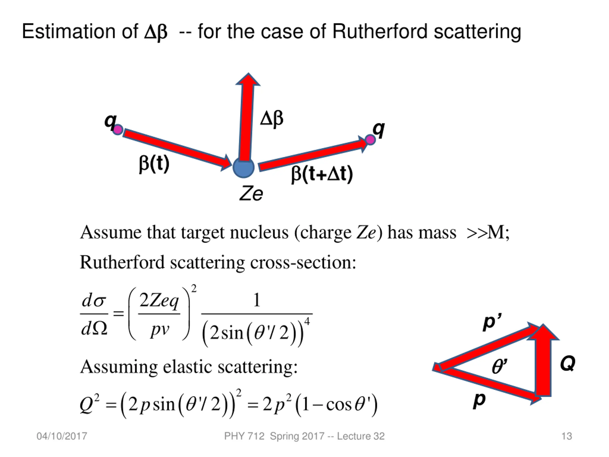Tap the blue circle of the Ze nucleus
coord(243,168)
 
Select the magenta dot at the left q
coord(118,130)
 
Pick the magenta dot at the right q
coord(370,140)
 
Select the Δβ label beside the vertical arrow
coord(272,119)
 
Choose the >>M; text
coord(488,233)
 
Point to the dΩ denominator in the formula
coord(94,329)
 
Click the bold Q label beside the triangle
coord(568,364)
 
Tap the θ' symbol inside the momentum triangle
coord(499,366)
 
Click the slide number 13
coord(567,436)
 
